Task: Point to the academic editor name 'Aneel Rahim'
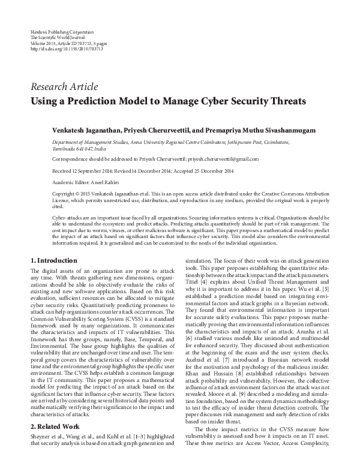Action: click(x=103, y=182)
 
